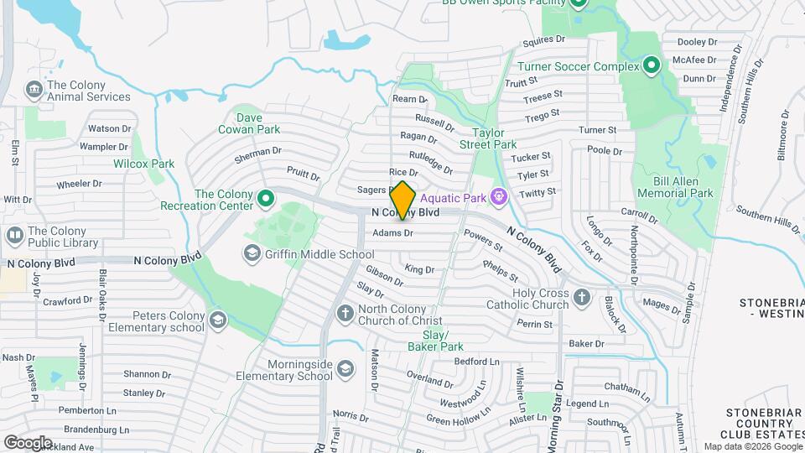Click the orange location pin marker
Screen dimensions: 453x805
[x=402, y=200]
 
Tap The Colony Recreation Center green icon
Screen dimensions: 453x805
[x=267, y=199]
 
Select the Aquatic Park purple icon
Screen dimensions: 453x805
[x=499, y=197]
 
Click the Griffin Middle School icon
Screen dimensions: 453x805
[x=252, y=253]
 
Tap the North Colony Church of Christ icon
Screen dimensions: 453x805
[x=345, y=313]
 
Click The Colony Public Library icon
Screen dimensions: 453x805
[x=14, y=236]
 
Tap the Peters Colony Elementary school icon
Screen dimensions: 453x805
[x=218, y=320]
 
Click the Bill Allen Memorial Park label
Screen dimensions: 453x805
[x=674, y=186]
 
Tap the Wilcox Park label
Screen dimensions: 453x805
[x=143, y=164]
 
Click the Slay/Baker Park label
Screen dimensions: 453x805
[x=435, y=340]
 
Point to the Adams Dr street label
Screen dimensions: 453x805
[x=392, y=232]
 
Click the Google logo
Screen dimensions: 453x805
[x=28, y=442]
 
